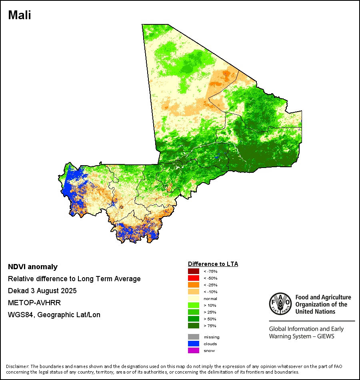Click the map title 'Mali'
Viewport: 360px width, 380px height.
click(20, 15)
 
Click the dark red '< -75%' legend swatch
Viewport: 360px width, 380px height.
click(193, 271)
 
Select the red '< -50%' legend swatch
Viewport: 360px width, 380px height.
click(193, 278)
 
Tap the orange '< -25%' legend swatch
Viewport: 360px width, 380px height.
click(193, 285)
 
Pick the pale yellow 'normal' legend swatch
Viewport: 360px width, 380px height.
click(193, 298)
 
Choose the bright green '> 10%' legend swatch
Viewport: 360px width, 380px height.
click(193, 305)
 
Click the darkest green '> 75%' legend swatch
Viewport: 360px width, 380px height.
click(193, 326)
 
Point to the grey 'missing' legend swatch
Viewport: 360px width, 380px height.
click(193, 337)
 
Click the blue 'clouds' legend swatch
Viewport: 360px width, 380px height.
click(193, 344)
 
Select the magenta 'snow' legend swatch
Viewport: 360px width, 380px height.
click(193, 350)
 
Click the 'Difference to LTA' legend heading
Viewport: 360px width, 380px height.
click(213, 264)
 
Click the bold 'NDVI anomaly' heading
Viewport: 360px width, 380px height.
click(33, 267)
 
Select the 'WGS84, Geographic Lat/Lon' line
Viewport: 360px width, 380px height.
click(54, 314)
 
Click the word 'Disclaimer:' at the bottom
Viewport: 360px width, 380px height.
click(18, 366)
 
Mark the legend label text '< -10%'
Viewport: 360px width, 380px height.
click(210, 292)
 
